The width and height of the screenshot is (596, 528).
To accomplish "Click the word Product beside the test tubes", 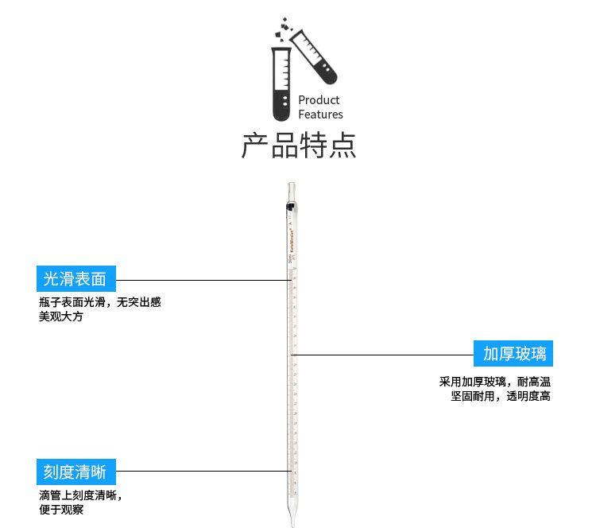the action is (319, 100).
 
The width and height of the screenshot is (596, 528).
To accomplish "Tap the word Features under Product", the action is (320, 115).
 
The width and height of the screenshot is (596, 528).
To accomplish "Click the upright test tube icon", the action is (281, 84).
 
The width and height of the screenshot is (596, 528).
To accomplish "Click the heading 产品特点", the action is (299, 146).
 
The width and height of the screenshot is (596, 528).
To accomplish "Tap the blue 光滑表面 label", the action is (75, 279).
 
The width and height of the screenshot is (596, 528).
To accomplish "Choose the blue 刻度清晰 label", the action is (75, 472).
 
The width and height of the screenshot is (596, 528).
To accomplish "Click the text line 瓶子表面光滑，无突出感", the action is (100, 302).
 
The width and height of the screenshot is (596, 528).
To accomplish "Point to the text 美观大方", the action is (60, 316).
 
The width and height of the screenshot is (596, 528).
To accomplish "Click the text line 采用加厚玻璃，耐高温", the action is (494, 382).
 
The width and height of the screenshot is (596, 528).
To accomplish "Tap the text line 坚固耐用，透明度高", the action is (501, 396).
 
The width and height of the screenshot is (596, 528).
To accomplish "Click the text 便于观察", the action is (61, 510).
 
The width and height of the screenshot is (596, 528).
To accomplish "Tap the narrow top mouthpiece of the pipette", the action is (291, 192).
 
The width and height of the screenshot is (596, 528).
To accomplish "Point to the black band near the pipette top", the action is (291, 208).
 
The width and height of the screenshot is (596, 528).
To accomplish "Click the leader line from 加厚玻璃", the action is (381, 353).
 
